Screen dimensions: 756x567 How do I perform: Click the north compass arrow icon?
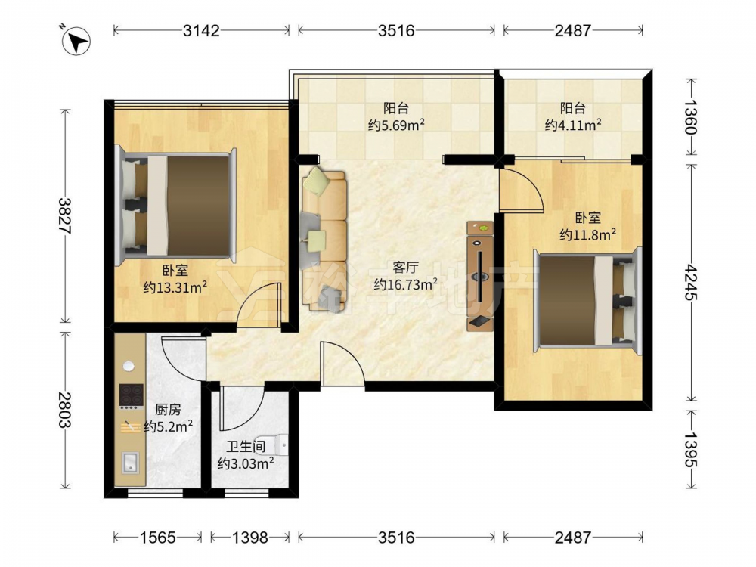click(76, 40)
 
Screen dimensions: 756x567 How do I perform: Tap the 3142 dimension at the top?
click(201, 31)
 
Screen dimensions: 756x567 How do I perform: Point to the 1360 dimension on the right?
click(691, 117)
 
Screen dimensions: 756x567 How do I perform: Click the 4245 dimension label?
click(691, 282)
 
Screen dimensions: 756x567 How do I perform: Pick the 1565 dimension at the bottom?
click(158, 537)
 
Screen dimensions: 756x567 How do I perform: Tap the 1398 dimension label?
click(250, 537)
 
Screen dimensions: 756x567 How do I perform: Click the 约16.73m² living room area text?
click(406, 284)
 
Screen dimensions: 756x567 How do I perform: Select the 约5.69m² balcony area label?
click(396, 125)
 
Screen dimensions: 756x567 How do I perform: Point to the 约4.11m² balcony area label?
click(573, 125)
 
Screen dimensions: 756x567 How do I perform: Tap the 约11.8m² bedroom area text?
click(588, 234)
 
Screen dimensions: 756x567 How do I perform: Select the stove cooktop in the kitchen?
click(131, 395)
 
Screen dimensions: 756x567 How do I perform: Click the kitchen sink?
click(129, 463)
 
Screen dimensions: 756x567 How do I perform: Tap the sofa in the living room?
click(324, 240)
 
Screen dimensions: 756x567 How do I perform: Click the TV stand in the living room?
click(480, 276)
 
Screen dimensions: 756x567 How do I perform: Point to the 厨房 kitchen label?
click(168, 410)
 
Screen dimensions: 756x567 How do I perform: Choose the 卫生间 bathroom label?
click(246, 447)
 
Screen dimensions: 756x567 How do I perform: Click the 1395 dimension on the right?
click(691, 449)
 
